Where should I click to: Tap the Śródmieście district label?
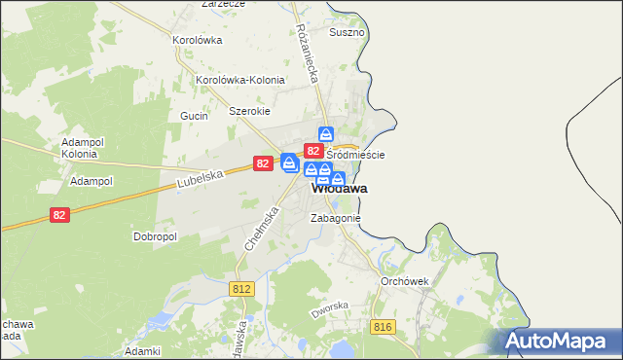pyautogui.click(x=355, y=155)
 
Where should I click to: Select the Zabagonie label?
pyautogui.click(x=336, y=219)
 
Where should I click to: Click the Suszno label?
pyautogui.click(x=347, y=32)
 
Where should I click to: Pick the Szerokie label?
pyautogui.click(x=249, y=111)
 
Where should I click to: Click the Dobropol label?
pyautogui.click(x=154, y=236)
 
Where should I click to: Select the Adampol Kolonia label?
pyautogui.click(x=79, y=147)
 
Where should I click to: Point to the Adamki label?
pyautogui.click(x=142, y=350)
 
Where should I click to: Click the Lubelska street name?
pyautogui.click(x=202, y=179)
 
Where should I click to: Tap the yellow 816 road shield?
pyautogui.click(x=382, y=327)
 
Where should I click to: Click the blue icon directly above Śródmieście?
pyautogui.click(x=327, y=135)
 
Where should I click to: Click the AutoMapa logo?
pyautogui.click(x=556, y=342)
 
